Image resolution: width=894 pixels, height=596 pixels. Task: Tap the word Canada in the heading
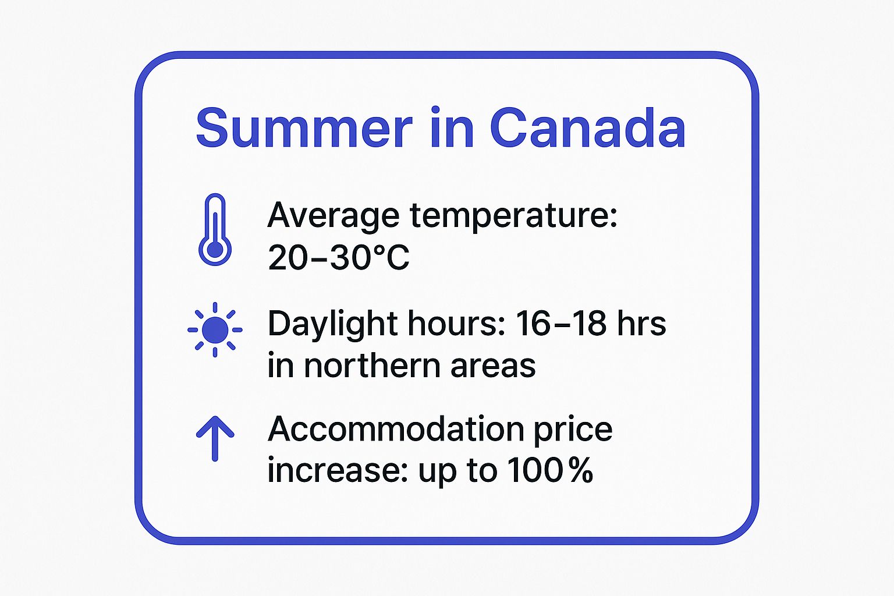[x=588, y=128]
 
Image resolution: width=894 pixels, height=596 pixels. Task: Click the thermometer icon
[x=215, y=230]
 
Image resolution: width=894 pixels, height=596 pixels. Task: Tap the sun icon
[x=215, y=329]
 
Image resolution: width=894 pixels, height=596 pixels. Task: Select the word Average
[x=334, y=216]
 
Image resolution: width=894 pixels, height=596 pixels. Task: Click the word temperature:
[x=513, y=216]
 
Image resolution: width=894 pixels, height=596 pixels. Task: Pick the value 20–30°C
[x=339, y=257]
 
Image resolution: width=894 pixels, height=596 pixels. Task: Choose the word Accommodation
[x=396, y=430]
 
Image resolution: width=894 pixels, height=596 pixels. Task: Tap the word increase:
[x=338, y=470]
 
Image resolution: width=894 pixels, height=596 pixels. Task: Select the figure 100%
[x=550, y=470]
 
